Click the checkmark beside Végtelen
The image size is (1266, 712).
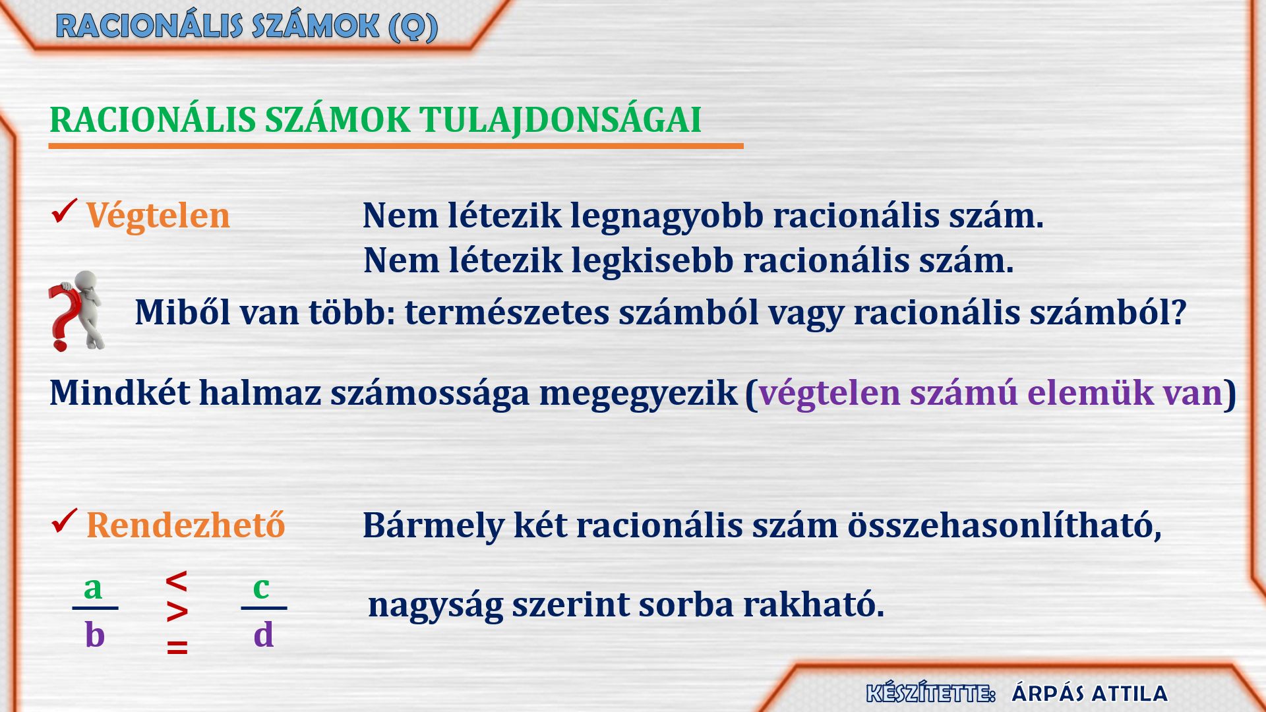point(64,212)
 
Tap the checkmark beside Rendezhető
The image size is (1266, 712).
point(64,521)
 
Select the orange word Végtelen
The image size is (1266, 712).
point(158,216)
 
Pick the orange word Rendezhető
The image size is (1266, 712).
point(186,525)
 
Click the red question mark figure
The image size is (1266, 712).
point(77,311)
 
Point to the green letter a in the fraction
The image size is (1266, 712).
point(93,587)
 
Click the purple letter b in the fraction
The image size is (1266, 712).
point(95,634)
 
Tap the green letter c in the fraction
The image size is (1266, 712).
point(261,587)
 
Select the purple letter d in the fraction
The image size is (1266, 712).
point(264,634)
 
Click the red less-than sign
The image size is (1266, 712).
point(177,581)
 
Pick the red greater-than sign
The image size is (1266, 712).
point(177,612)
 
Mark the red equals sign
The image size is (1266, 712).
point(177,647)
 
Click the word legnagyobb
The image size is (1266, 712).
point(667,217)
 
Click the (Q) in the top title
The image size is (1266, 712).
point(413,27)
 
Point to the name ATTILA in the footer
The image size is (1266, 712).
point(1130,694)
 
